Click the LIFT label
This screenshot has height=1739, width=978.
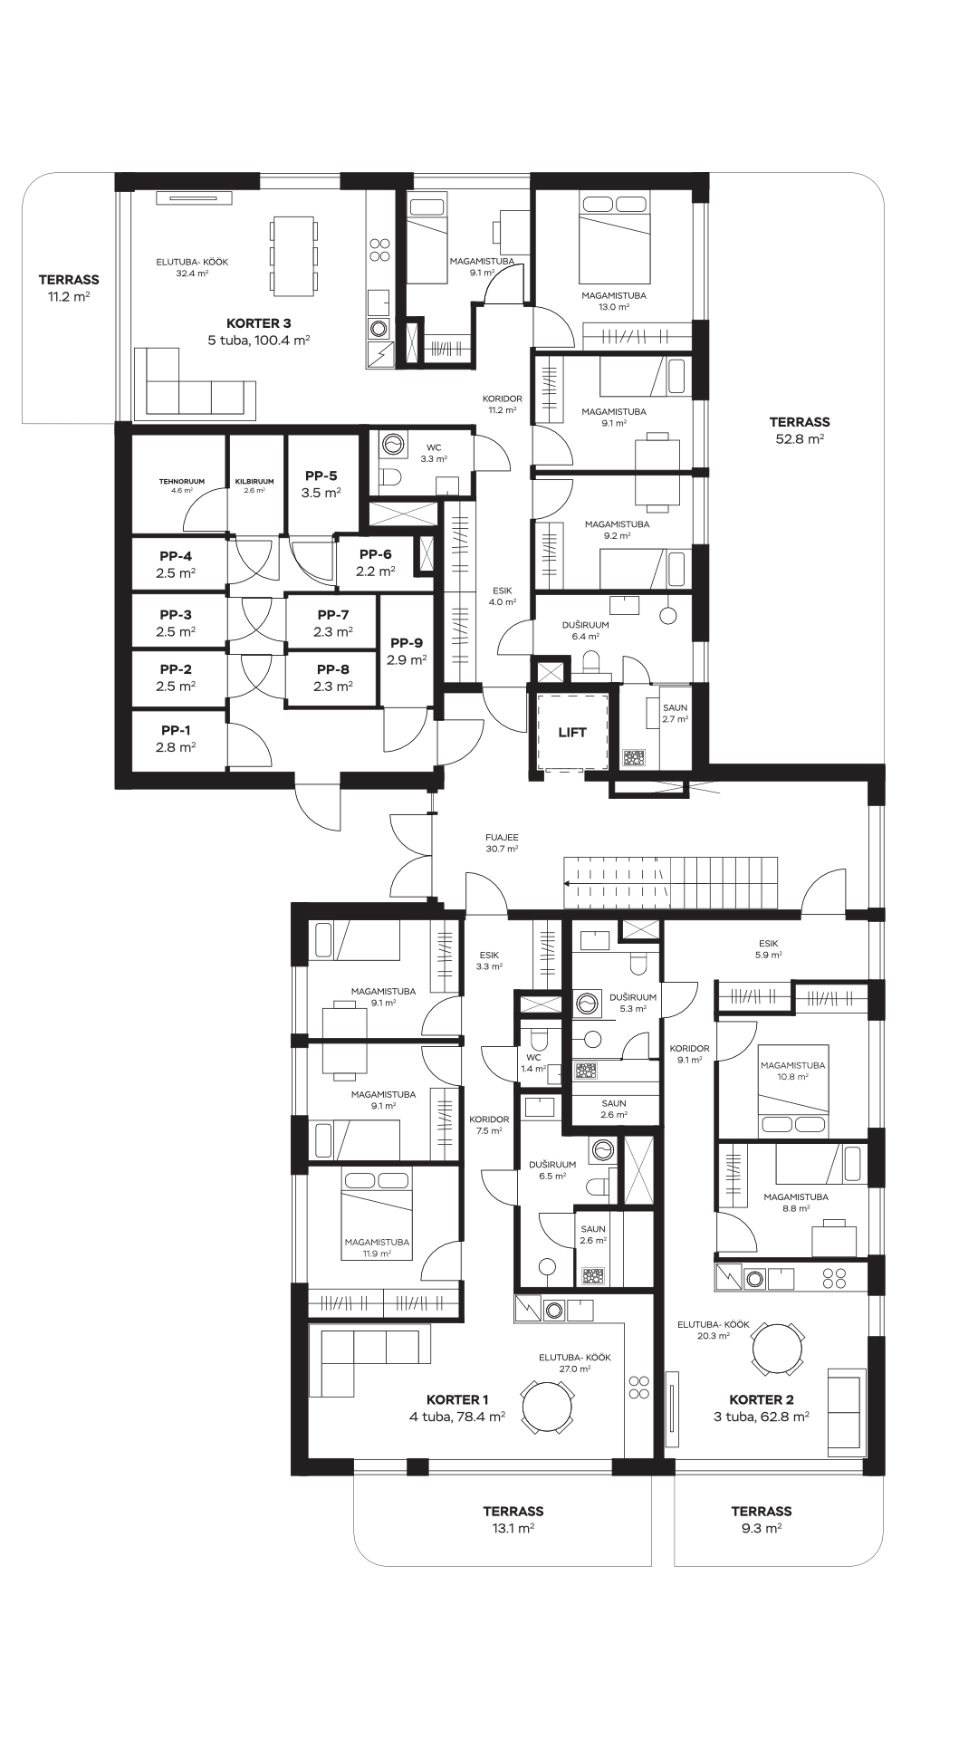pyautogui.click(x=571, y=732)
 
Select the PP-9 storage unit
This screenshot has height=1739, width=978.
pyautogui.click(x=407, y=651)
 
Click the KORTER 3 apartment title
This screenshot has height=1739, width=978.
pyautogui.click(x=259, y=323)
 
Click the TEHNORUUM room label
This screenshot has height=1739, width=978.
pyautogui.click(x=182, y=481)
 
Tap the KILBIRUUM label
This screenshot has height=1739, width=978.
pyautogui.click(x=254, y=481)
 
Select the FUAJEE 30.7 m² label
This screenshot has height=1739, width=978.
pyautogui.click(x=502, y=843)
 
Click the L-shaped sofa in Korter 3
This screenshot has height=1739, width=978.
pyautogui.click(x=195, y=383)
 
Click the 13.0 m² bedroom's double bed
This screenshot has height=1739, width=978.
pyautogui.click(x=615, y=239)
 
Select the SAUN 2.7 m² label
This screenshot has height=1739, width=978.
pyautogui.click(x=675, y=713)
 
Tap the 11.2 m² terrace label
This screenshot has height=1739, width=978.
pyautogui.click(x=69, y=288)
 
